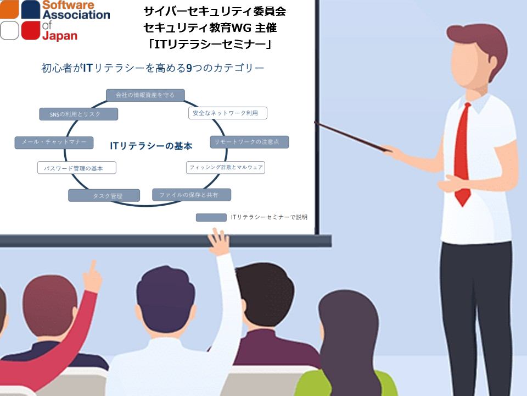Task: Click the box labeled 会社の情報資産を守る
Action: [x=145, y=95]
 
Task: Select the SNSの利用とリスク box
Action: [x=79, y=114]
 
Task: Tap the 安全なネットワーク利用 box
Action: [x=228, y=113]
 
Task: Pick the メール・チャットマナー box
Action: [x=54, y=142]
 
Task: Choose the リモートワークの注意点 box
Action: [x=249, y=142]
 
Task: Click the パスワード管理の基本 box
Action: [x=77, y=168]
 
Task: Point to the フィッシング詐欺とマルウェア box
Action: [x=226, y=167]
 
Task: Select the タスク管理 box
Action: [x=104, y=195]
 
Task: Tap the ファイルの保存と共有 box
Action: [x=192, y=195]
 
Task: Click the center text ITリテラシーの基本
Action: [x=151, y=146]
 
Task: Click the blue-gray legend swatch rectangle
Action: [x=211, y=218]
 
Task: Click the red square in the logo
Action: [x=31, y=30]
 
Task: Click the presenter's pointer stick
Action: [x=353, y=137]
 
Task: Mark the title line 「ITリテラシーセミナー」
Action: [x=210, y=44]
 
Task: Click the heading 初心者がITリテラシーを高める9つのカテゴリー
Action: [x=153, y=68]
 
